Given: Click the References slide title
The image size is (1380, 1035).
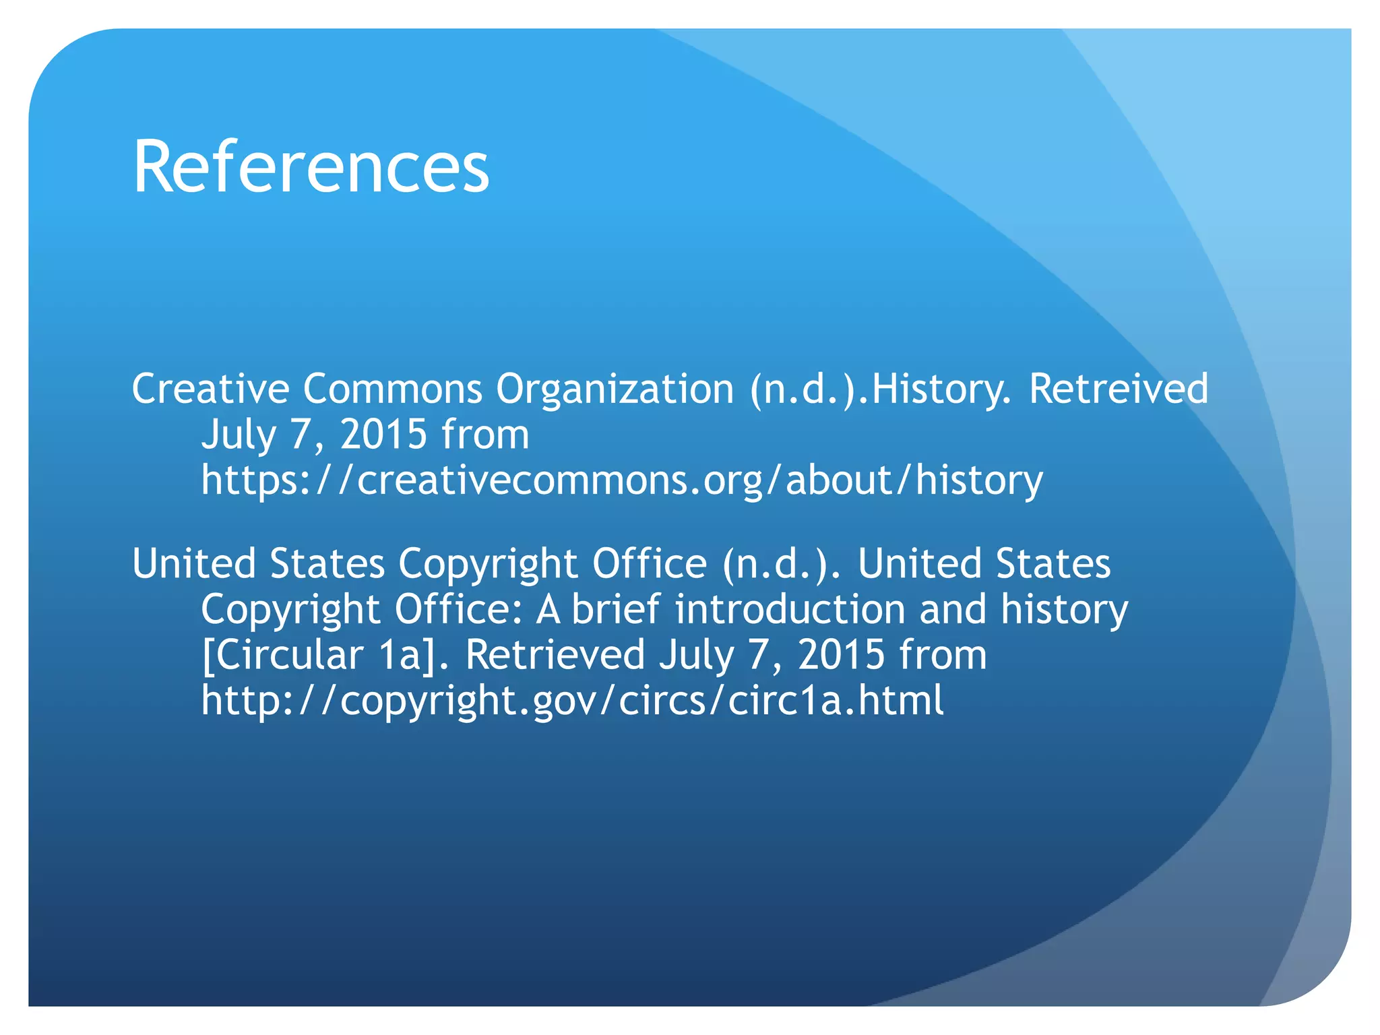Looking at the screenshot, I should [x=311, y=166].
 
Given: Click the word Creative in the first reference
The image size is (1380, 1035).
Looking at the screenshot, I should [x=210, y=389].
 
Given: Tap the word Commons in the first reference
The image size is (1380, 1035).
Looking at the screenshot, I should [x=392, y=389].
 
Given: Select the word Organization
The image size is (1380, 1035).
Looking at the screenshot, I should [x=615, y=389].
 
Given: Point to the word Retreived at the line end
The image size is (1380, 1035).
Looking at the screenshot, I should [x=1119, y=389].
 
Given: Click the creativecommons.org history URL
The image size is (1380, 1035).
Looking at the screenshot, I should [x=621, y=480].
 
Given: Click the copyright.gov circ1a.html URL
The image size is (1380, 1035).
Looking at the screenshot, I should [x=572, y=700].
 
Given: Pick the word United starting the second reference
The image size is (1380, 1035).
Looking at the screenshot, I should [x=193, y=563].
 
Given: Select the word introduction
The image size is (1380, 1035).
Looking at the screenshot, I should [x=790, y=609].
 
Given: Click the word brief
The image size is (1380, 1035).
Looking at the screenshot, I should [x=616, y=609].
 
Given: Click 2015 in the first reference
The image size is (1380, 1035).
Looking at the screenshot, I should [x=383, y=435].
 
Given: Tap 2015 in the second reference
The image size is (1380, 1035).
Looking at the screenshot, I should [x=841, y=654].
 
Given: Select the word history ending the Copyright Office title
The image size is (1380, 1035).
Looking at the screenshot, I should [x=1064, y=609].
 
